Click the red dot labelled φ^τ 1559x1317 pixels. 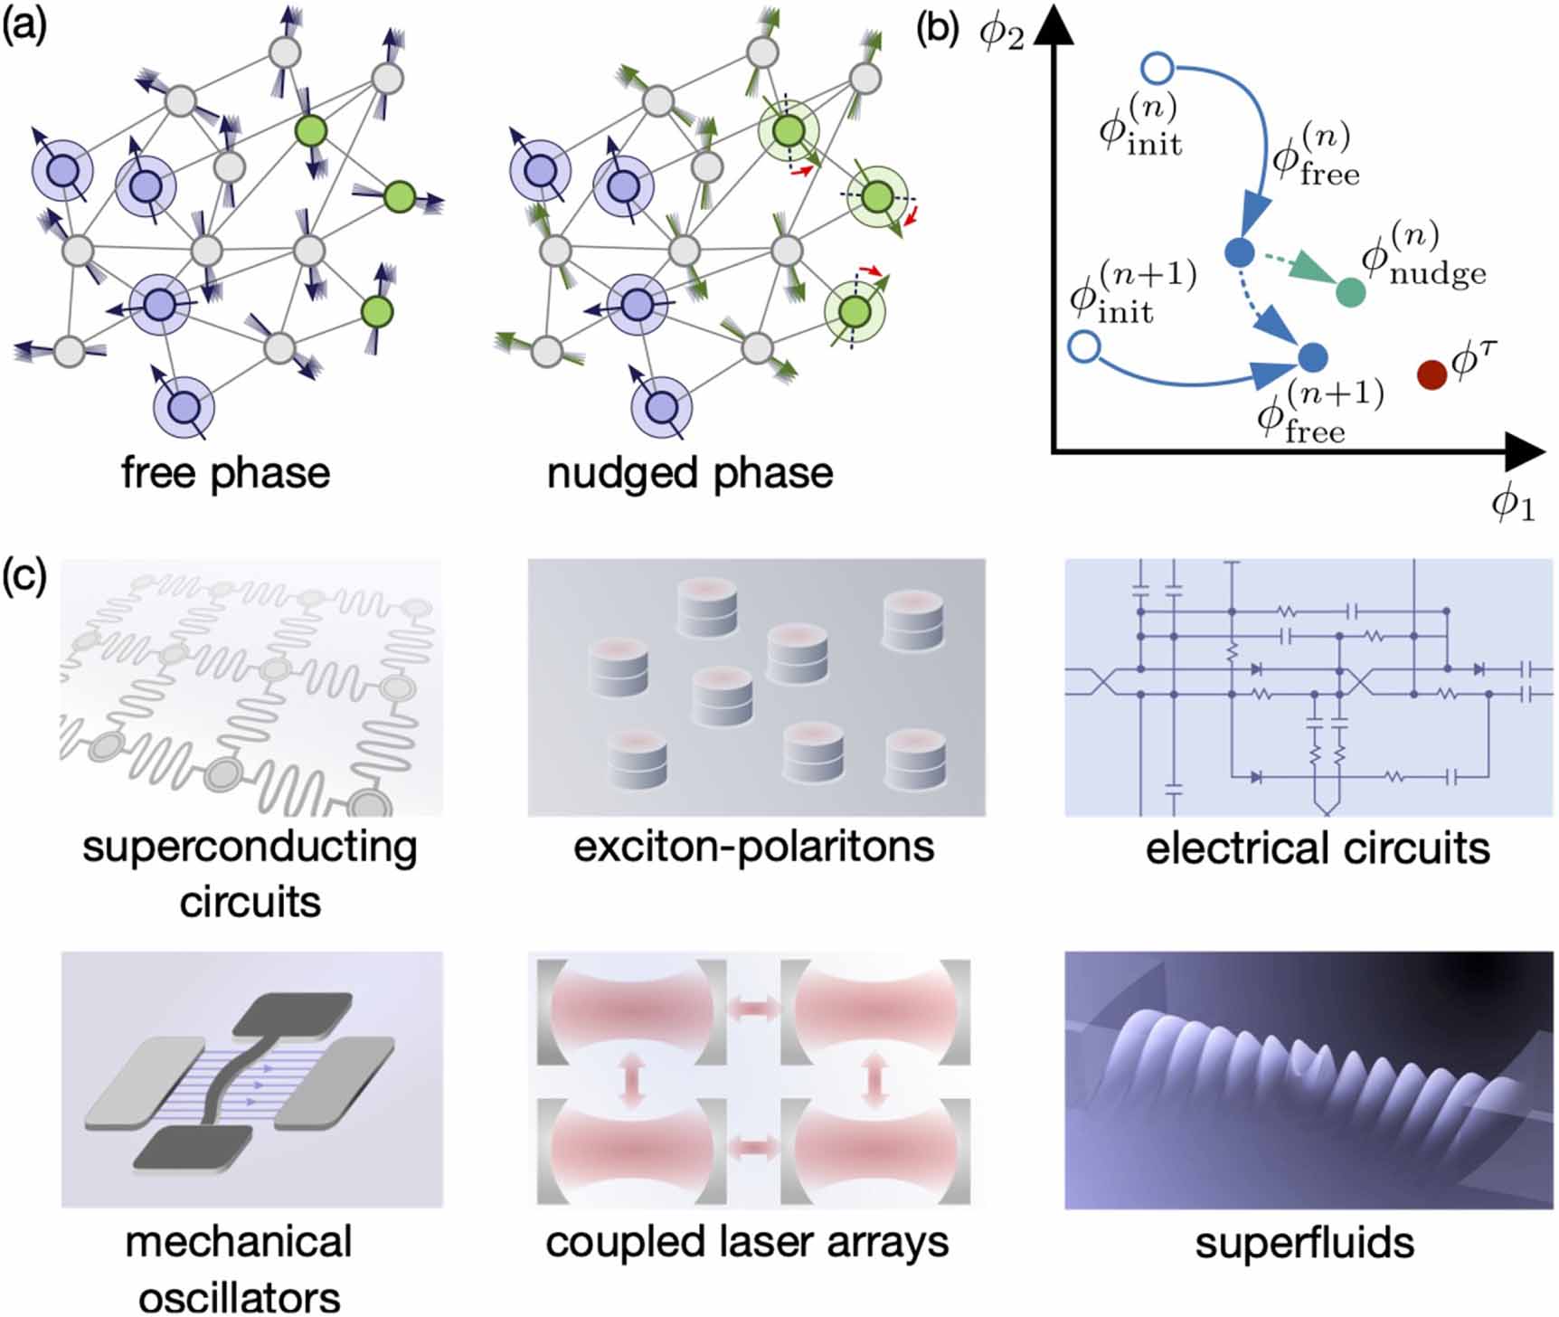tap(1431, 374)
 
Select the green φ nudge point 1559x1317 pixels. tap(1349, 291)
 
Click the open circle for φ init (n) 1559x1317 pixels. tap(1158, 68)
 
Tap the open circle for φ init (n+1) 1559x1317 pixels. tap(1084, 346)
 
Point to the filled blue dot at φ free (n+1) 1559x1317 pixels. tap(1313, 357)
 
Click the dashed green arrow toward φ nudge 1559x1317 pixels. tap(1293, 270)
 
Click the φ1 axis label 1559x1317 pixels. tap(1512, 503)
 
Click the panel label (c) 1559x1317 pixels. tap(24, 575)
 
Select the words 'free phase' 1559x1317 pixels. tap(225, 473)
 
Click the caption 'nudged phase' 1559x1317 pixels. tap(689, 473)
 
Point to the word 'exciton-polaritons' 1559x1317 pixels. tap(753, 848)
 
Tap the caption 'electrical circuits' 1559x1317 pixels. tap(1317, 849)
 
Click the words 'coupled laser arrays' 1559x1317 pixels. tap(747, 1243)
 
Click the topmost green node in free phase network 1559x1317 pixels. tap(311, 134)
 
